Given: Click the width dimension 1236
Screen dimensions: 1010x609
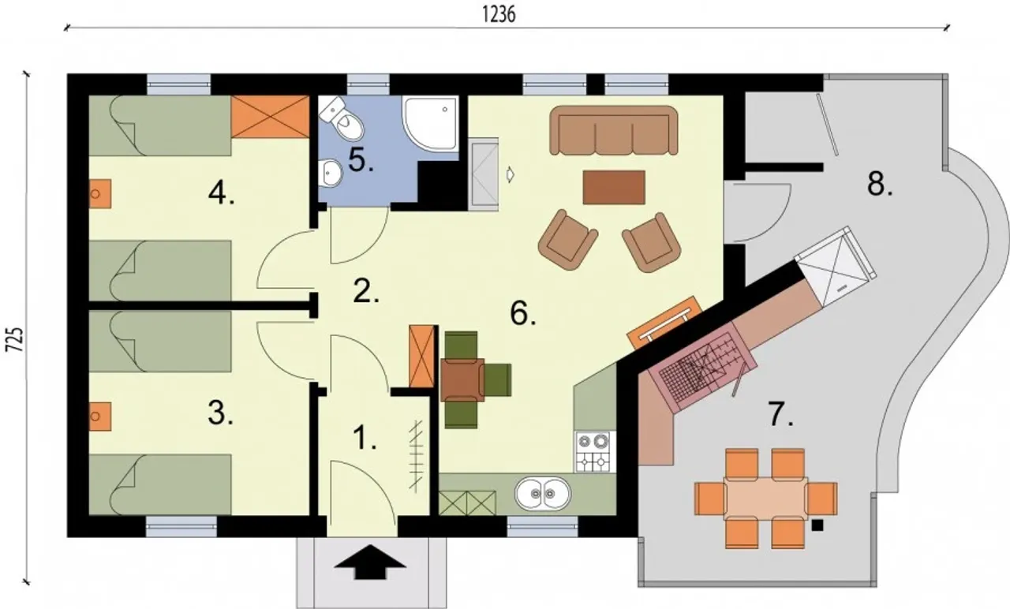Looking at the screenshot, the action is [x=499, y=14].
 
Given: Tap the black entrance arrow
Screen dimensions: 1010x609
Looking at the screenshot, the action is [x=370, y=562].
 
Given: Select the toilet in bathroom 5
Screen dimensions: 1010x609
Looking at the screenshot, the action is [x=342, y=118].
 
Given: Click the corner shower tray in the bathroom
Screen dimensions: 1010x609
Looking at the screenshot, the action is [x=430, y=122].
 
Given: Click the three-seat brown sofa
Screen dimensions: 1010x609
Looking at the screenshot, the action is [x=614, y=130].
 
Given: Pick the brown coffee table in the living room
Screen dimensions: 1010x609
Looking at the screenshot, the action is [x=614, y=187].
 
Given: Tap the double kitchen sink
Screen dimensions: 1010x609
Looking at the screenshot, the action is [x=543, y=494].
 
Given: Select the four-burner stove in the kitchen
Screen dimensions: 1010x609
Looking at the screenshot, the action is [x=595, y=452].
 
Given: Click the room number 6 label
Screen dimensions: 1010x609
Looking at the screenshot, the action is [x=522, y=313].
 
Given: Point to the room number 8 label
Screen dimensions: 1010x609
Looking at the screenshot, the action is [x=879, y=184].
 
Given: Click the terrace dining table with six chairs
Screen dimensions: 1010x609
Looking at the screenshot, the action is [x=765, y=498].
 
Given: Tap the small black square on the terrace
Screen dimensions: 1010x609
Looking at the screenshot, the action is [x=817, y=525].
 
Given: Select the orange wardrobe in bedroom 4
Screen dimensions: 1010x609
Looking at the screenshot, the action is [x=270, y=116].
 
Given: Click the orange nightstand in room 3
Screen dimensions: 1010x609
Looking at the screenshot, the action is [x=99, y=417].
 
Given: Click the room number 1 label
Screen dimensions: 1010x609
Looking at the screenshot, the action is [x=364, y=438].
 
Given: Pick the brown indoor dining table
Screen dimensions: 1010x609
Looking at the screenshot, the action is [x=462, y=379].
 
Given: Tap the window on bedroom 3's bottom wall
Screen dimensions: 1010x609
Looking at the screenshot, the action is [x=181, y=526].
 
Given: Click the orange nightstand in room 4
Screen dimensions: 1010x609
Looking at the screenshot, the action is [x=99, y=194].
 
